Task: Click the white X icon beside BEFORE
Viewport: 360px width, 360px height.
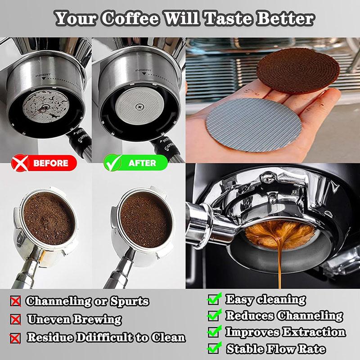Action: click(x=19, y=163)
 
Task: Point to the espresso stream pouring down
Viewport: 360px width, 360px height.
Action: click(x=279, y=265)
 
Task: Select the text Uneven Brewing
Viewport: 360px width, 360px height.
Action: click(x=74, y=319)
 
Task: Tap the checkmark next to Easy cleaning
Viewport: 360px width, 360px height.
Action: click(x=215, y=299)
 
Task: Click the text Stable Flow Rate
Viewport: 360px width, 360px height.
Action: click(x=276, y=349)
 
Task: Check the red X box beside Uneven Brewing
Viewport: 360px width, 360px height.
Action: click(x=16, y=319)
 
